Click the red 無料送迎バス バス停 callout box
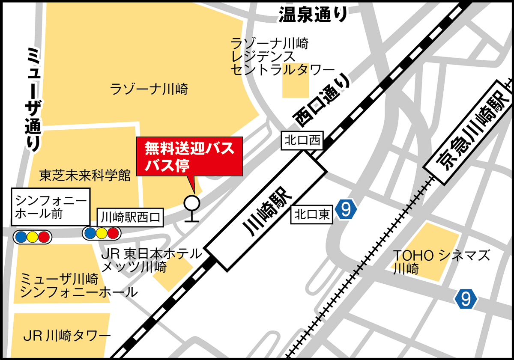tap(189, 156)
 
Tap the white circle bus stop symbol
tap(191, 202)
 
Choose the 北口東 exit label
tap(312, 214)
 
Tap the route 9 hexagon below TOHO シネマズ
tap(466, 299)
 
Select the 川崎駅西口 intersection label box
tap(130, 218)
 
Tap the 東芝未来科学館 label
tap(85, 176)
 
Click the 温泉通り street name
tap(313, 15)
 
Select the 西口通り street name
tap(321, 101)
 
